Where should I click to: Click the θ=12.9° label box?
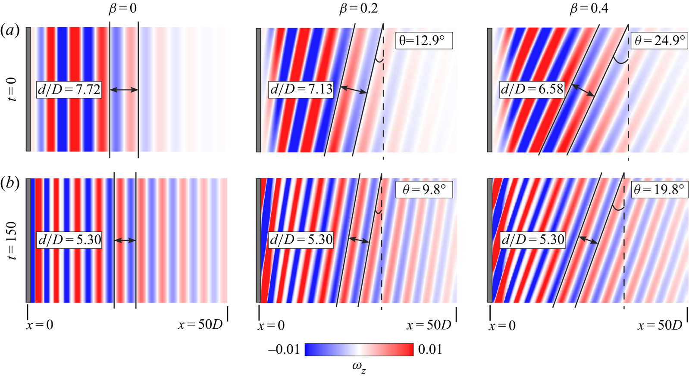[424, 41]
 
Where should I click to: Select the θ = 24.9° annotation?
[659, 41]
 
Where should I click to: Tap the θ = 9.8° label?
[424, 190]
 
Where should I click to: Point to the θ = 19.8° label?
[659, 190]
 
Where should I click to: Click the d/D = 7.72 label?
[69, 90]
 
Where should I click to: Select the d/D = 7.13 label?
[301, 90]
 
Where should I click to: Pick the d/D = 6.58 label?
[532, 90]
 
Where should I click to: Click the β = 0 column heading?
[123, 9]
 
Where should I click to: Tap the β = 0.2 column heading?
[358, 9]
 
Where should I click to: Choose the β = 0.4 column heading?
[589, 9]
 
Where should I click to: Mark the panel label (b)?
[10, 183]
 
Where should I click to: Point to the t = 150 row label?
[13, 240]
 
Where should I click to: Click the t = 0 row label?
[13, 90]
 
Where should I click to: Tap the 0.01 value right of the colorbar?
[430, 349]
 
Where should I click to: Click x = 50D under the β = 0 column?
[200, 324]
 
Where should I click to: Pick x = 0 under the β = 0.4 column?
[502, 325]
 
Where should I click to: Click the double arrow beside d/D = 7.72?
[124, 90]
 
